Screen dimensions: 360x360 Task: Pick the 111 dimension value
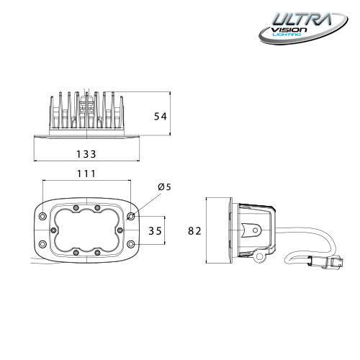coord(86,174)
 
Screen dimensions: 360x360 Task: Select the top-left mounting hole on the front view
coord(42,216)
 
